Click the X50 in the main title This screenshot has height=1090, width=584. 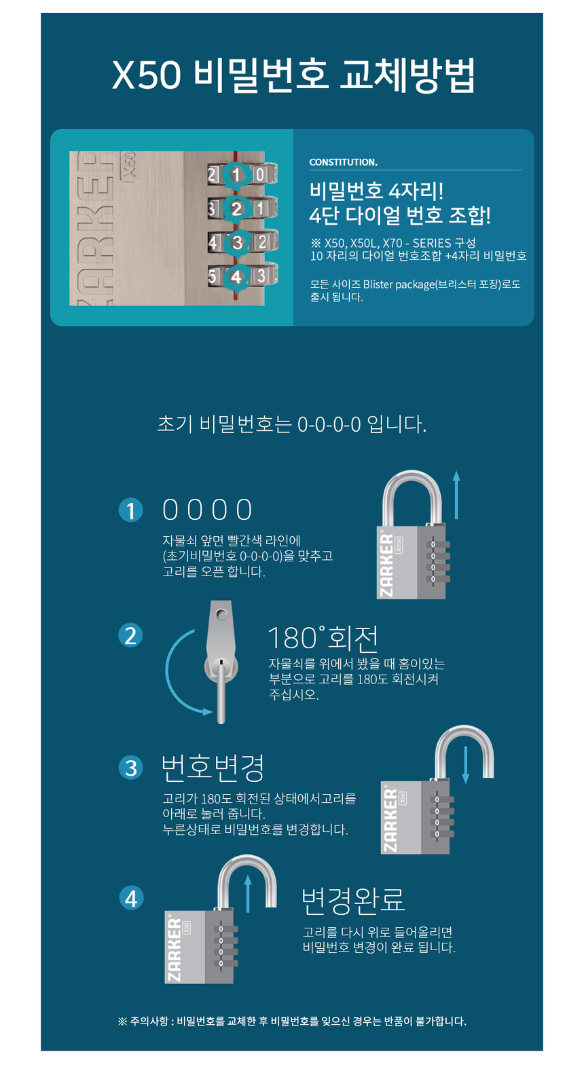pos(147,75)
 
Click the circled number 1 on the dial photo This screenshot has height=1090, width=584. pos(236,174)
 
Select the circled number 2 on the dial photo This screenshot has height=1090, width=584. pos(236,208)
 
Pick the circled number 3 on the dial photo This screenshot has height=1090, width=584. pos(237,242)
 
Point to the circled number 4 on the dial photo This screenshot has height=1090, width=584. pos(236,276)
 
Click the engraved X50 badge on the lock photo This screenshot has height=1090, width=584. pos(129,168)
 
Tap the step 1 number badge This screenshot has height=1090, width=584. pos(131,510)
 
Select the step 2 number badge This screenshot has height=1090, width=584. pos(130,635)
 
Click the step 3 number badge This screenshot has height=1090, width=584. pos(131,768)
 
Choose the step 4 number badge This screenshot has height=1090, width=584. pos(132,899)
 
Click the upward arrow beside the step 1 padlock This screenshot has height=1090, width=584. pos(456,495)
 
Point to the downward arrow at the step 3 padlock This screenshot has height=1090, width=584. pos(465,764)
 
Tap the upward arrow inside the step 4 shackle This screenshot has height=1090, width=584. pos(248,893)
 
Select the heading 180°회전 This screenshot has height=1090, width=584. pos(323,638)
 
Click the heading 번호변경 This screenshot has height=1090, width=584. pos(213,768)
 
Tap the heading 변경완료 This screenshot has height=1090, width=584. pos(353,900)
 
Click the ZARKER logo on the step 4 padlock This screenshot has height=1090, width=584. pos(174,950)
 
